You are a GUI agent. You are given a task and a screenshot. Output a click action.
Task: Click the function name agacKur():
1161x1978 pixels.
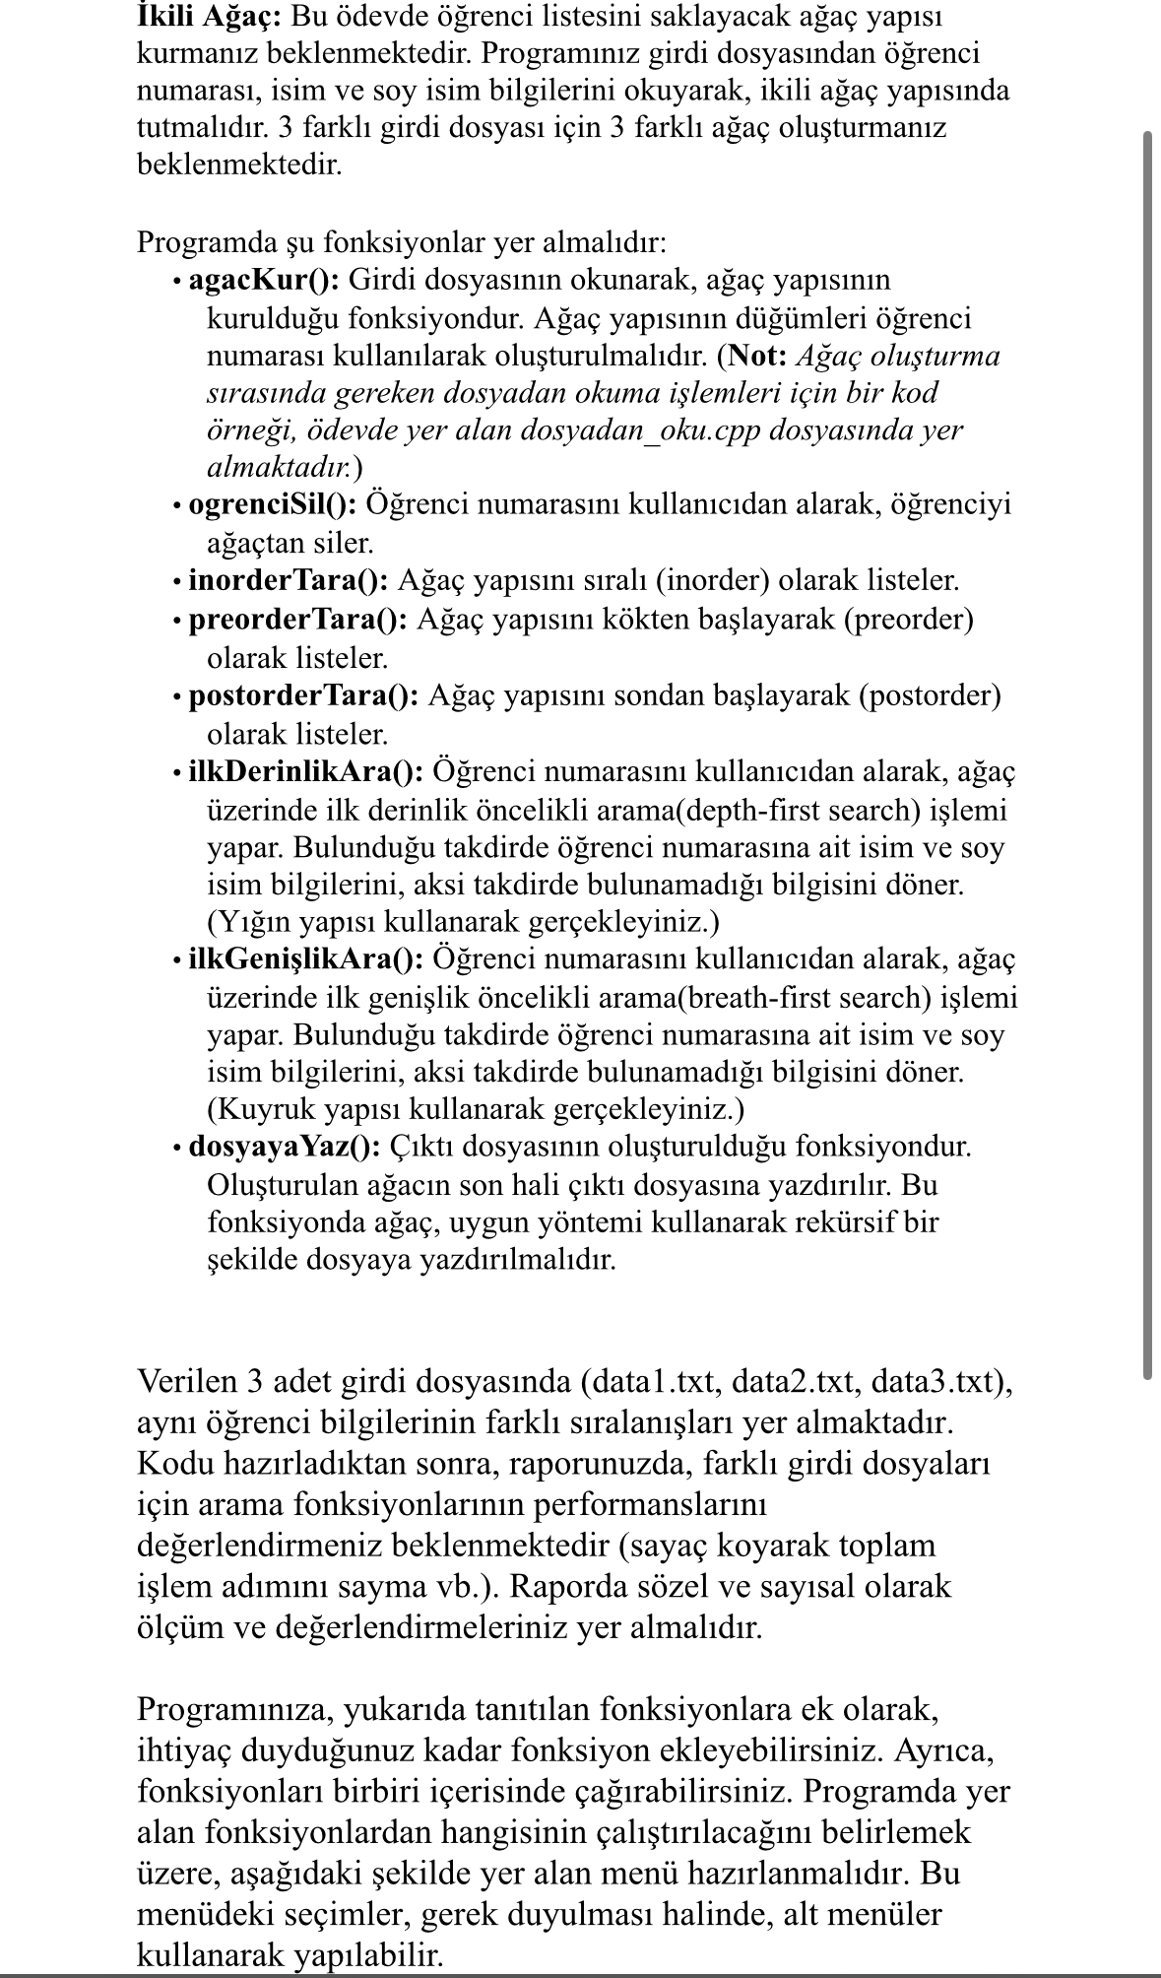264,280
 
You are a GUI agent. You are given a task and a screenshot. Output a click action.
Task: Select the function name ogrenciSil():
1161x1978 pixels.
273,504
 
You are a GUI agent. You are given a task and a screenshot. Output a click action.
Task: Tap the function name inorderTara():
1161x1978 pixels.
289,580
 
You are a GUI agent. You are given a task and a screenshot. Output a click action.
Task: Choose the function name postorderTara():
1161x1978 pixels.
304,695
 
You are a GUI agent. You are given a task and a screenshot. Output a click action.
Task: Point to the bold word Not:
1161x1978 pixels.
756,356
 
